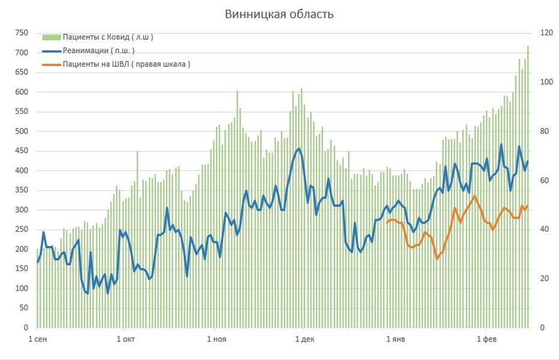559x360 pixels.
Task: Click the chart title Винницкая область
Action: point(279,14)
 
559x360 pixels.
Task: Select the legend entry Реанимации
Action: point(98,50)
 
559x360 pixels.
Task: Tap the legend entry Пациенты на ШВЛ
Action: point(126,64)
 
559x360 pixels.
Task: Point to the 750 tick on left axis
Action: point(21,33)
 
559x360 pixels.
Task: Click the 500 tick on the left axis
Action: point(21,131)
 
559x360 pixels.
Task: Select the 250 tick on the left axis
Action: point(21,230)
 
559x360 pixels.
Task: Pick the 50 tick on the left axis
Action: point(23,308)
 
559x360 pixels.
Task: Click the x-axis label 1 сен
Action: point(37,340)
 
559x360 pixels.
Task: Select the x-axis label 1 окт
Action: point(125,340)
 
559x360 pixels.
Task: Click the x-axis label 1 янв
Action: point(394,340)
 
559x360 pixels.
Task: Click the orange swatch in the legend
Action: point(52,64)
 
